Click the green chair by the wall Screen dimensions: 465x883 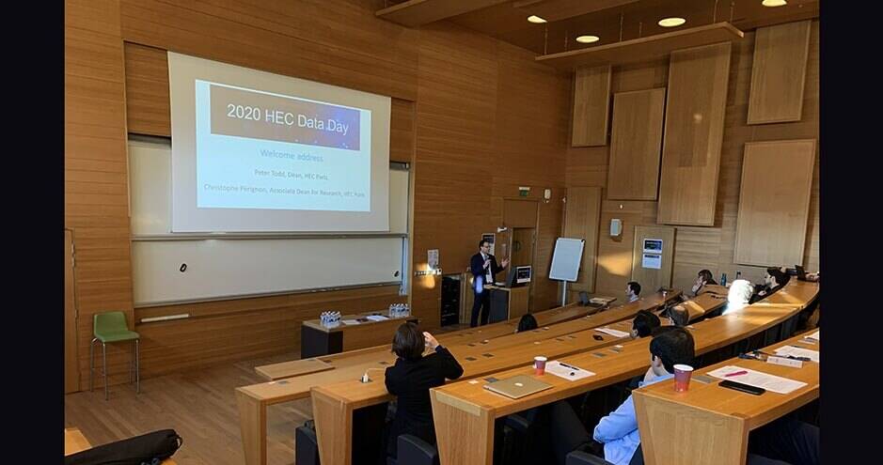(x=114, y=331)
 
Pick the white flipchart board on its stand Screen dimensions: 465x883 (x=566, y=260)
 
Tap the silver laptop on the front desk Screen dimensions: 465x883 (x=516, y=386)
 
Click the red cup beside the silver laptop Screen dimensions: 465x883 (x=540, y=364)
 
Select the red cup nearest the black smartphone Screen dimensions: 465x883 (x=683, y=377)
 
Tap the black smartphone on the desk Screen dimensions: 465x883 (x=742, y=387)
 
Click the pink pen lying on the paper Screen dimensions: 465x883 (x=735, y=373)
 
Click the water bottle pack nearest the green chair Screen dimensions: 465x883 (x=330, y=318)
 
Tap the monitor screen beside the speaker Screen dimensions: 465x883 (x=522, y=274)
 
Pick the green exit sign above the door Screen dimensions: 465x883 (x=524, y=191)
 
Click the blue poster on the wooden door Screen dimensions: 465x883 (x=652, y=253)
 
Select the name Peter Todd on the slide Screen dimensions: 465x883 (x=273, y=173)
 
